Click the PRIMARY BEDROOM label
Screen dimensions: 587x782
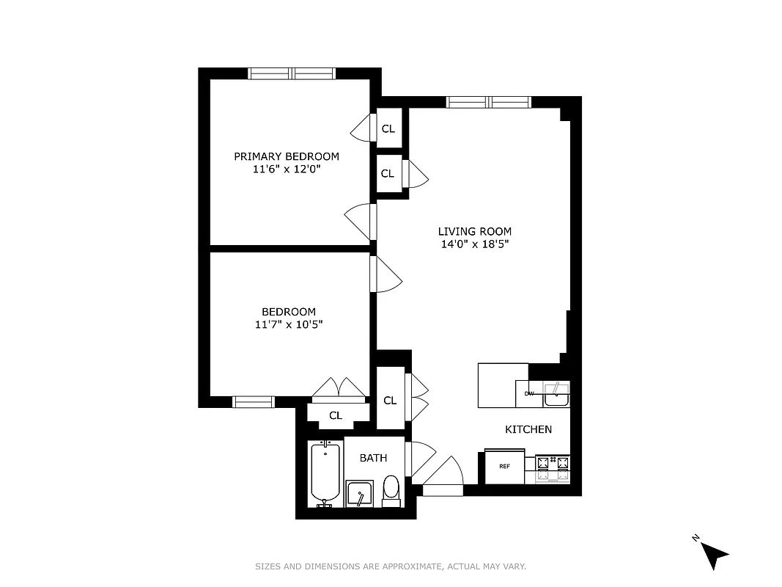coord(286,156)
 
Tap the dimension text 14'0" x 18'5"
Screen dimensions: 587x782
coord(474,244)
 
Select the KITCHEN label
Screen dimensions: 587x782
coord(528,429)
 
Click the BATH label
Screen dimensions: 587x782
coord(373,458)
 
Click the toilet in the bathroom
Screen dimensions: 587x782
coord(391,489)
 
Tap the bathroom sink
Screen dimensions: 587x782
coord(360,495)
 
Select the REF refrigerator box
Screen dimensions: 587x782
coord(504,467)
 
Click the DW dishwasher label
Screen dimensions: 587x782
coord(528,394)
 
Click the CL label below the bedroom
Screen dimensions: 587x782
coord(335,416)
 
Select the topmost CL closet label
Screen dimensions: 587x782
coord(388,129)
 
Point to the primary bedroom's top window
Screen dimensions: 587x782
coord(292,73)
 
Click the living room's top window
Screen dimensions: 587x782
coord(488,102)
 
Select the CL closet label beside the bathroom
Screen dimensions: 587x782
coord(390,400)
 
